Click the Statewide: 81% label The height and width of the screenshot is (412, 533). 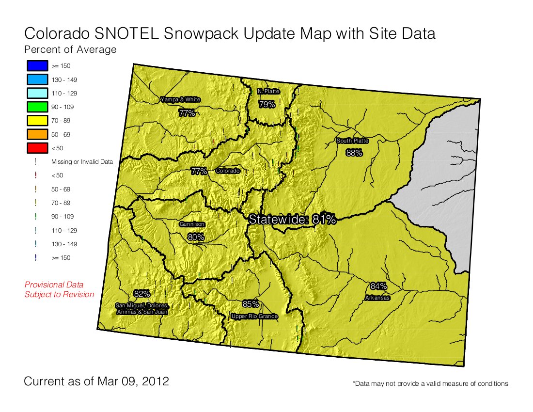pyautogui.click(x=292, y=219)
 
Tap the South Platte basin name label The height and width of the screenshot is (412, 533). pyautogui.click(x=352, y=141)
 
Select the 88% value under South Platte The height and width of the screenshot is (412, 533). pyautogui.click(x=354, y=153)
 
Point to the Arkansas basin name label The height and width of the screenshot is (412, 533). pyautogui.click(x=377, y=298)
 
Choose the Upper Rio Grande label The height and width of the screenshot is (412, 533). pyautogui.click(x=254, y=317)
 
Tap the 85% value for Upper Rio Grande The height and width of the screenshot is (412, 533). pyautogui.click(x=251, y=304)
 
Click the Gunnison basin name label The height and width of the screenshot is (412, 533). pyautogui.click(x=192, y=224)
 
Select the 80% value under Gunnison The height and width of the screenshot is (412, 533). pyautogui.click(x=195, y=237)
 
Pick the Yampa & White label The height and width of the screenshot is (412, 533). pyautogui.click(x=180, y=100)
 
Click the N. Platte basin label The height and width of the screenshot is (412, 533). pyautogui.click(x=268, y=91)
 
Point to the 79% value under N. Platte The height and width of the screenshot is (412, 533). pyautogui.click(x=266, y=104)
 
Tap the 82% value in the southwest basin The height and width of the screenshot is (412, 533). pyautogui.click(x=142, y=294)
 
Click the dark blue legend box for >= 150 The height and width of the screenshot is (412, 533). pyautogui.click(x=36, y=65)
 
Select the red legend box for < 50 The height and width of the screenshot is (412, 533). pyautogui.click(x=36, y=148)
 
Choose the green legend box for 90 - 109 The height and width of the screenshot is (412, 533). pyautogui.click(x=36, y=107)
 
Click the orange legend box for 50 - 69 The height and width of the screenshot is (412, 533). pyautogui.click(x=36, y=134)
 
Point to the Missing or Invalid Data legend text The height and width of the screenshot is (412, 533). pyautogui.click(x=82, y=162)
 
